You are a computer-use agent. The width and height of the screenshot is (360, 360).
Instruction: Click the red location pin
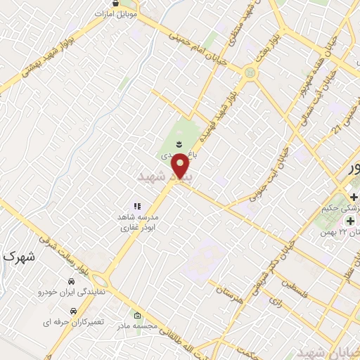pyautogui.click(x=181, y=166)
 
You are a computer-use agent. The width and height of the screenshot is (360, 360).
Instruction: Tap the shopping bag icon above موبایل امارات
pyautogui.click(x=115, y=4)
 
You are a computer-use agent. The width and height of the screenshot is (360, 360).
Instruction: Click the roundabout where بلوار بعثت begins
pyautogui.click(x=250, y=72)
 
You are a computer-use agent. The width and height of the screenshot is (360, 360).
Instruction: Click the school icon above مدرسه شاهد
pyautogui.click(x=137, y=206)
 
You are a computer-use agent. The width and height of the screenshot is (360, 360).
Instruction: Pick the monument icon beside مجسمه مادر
pyautogui.click(x=137, y=315)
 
